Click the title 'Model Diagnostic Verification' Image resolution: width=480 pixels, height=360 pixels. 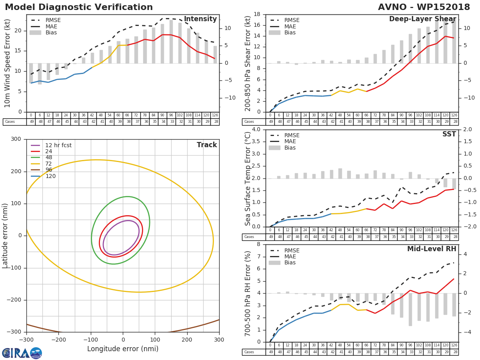click(79, 7)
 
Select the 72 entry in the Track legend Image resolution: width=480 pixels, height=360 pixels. click(49, 164)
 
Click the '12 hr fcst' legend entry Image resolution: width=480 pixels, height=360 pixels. click(58, 145)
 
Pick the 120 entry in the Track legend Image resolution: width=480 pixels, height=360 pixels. click(50, 176)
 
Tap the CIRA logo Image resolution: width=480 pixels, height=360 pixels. click(22, 353)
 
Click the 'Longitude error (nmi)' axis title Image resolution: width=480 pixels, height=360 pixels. click(123, 349)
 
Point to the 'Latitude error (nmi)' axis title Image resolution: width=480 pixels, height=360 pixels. click(5, 235)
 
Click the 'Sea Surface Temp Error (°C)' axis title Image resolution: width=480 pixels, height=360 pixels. click(248, 178)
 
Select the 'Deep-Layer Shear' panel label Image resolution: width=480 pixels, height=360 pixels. click(422, 19)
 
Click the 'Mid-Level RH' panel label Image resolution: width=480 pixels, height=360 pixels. click(432, 249)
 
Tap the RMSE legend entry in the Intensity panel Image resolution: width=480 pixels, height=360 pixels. click(52, 20)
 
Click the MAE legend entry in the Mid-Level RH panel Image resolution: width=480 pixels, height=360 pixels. click(290, 256)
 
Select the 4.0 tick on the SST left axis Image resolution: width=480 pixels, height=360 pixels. click(256, 130)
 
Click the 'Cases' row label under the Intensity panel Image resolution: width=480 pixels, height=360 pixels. click(10, 122)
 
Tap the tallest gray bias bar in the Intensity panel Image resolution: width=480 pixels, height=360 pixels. click(171, 42)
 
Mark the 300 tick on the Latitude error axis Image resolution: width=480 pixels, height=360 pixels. click(16, 139)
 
